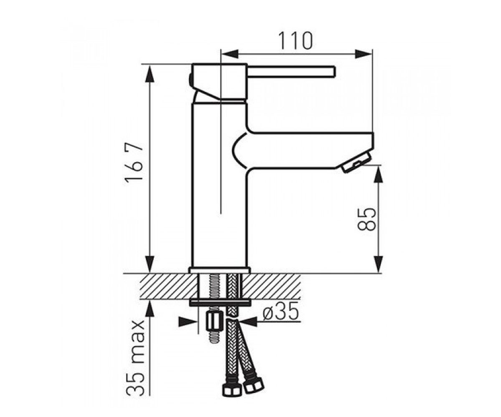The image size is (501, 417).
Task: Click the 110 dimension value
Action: click(x=296, y=41)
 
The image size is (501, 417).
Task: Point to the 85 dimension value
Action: click(x=366, y=219)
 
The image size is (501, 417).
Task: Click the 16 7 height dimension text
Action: click(x=134, y=163)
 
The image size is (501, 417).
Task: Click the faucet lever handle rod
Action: click(x=291, y=71)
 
